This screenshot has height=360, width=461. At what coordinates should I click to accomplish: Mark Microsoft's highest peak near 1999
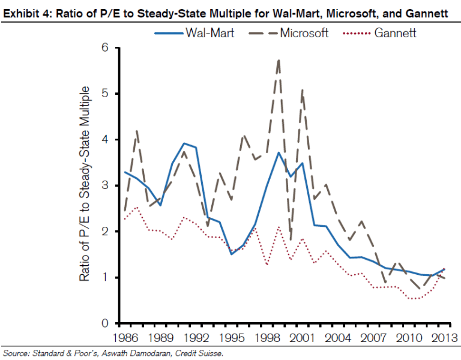279,59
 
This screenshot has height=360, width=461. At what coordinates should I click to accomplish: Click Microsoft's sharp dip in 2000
291,240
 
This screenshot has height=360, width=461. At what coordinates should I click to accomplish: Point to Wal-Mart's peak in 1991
184,143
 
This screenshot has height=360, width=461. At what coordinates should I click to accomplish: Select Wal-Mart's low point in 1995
231,254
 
